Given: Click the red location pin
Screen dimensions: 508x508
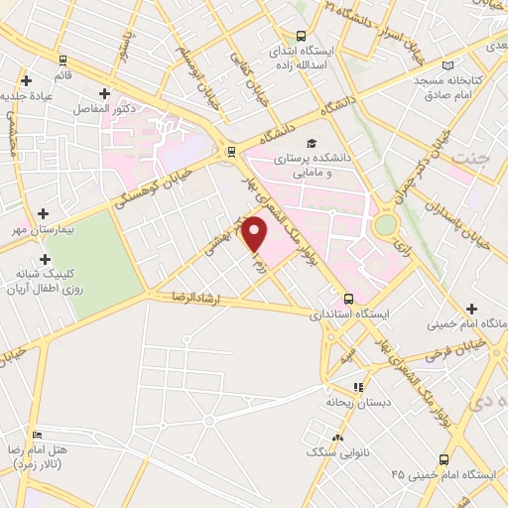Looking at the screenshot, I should [256, 234].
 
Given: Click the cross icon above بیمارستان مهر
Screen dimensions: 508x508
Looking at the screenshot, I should [43, 212].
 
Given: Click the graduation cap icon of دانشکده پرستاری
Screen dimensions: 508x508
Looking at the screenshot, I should [312, 144].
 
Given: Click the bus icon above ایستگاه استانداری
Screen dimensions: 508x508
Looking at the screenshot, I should [348, 298].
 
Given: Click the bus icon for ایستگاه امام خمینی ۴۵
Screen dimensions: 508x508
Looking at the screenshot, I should [444, 458].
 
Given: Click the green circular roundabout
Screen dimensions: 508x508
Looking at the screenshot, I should [384, 225].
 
